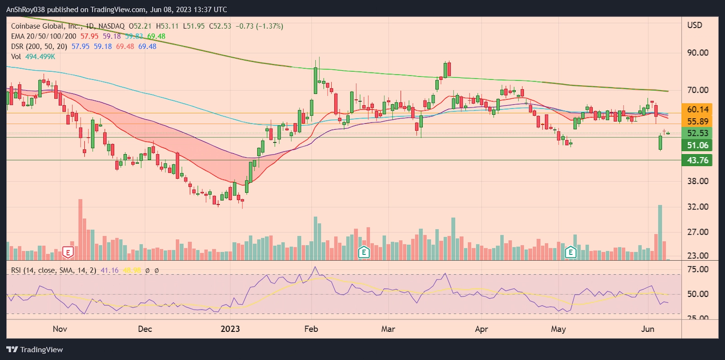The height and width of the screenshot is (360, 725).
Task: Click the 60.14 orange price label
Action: [697, 109]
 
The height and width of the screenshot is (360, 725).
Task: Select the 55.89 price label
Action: [697, 122]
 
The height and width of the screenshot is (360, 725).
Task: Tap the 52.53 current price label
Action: [697, 133]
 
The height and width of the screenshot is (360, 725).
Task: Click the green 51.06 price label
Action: [697, 146]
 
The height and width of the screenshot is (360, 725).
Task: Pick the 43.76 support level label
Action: [697, 161]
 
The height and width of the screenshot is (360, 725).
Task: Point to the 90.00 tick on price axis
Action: [697, 53]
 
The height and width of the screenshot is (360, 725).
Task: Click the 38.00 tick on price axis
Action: [697, 181]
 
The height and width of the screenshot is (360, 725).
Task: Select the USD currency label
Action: [694, 25]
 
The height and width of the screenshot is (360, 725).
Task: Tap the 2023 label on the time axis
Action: [230, 329]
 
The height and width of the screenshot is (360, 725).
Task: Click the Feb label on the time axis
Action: [311, 329]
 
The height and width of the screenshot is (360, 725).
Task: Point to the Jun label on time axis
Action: [648, 329]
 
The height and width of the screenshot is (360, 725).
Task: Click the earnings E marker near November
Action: [68, 253]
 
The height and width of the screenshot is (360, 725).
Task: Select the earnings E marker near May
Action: [570, 252]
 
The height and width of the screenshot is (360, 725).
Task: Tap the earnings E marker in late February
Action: [363, 252]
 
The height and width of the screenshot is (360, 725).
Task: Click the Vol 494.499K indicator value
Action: [40, 57]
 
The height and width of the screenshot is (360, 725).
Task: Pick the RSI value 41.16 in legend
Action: [109, 270]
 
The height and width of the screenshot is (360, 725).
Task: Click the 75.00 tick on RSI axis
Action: [697, 269]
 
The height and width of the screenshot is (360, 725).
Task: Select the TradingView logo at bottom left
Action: [35, 350]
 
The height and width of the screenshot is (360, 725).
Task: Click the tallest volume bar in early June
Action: [660, 232]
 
